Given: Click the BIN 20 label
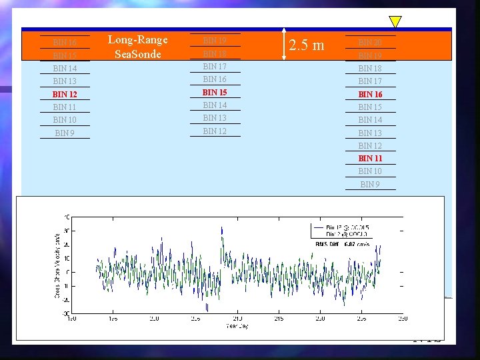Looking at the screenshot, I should click(x=370, y=43).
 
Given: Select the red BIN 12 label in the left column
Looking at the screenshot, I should click(x=65, y=94).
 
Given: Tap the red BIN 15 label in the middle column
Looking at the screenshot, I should click(x=215, y=92).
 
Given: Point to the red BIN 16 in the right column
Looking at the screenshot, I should click(x=370, y=95).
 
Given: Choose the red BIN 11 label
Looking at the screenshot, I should click(x=370, y=159).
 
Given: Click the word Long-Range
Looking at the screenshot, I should click(x=138, y=40).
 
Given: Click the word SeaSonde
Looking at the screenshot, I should click(x=138, y=54).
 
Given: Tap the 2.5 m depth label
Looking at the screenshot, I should click(x=307, y=45).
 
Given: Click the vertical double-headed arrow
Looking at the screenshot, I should click(x=284, y=45).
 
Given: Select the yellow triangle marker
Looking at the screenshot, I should click(x=395, y=22).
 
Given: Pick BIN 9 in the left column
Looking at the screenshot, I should click(x=65, y=133).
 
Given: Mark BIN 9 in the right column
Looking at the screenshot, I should click(x=370, y=184).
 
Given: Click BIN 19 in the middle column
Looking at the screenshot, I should click(x=215, y=41).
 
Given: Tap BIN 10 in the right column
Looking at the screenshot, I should click(x=370, y=171).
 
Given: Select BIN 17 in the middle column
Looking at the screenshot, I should click(x=215, y=66).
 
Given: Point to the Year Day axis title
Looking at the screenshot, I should click(x=236, y=326).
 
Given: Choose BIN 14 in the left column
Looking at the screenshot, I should click(x=65, y=69).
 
